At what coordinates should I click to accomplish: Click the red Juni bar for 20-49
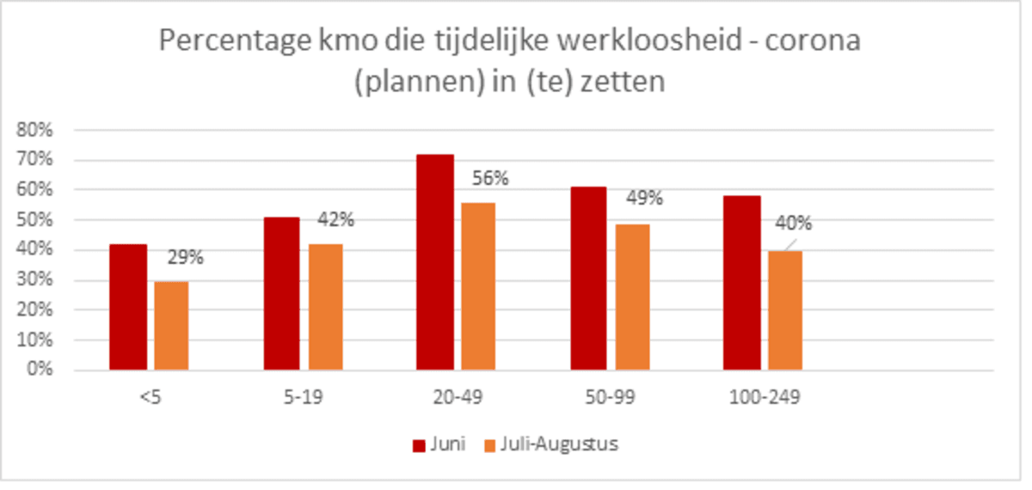[x=434, y=262]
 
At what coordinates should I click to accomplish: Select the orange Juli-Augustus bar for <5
[x=172, y=326]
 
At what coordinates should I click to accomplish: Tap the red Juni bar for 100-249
[x=742, y=283]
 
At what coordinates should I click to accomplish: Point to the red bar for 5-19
[x=282, y=293]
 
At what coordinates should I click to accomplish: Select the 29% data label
[x=184, y=258]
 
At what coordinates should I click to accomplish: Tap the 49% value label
[x=644, y=199]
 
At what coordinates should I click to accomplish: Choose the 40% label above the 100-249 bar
[x=794, y=224]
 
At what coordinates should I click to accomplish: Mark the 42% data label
[x=336, y=219]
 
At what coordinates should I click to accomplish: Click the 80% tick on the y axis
[x=35, y=131]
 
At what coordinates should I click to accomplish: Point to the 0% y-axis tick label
[x=40, y=371]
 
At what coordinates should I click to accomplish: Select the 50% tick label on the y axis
[x=35, y=220]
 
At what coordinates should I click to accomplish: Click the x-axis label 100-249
[x=763, y=399]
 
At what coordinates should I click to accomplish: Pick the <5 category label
[x=149, y=399]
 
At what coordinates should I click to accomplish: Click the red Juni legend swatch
[x=420, y=445]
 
